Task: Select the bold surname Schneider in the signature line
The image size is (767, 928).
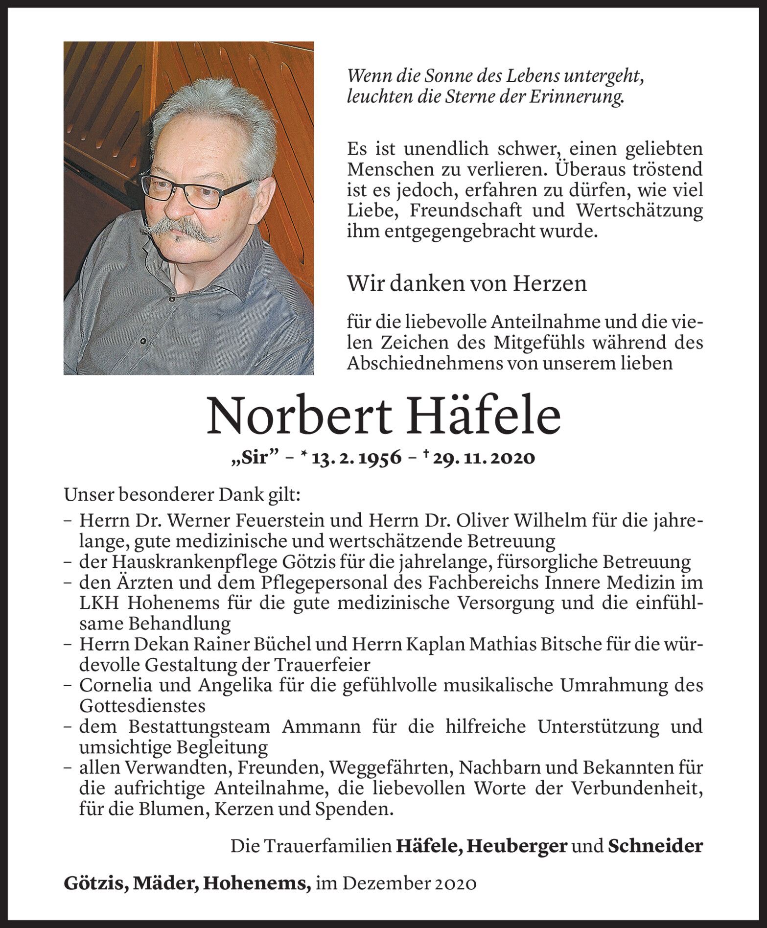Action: pos(655,846)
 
